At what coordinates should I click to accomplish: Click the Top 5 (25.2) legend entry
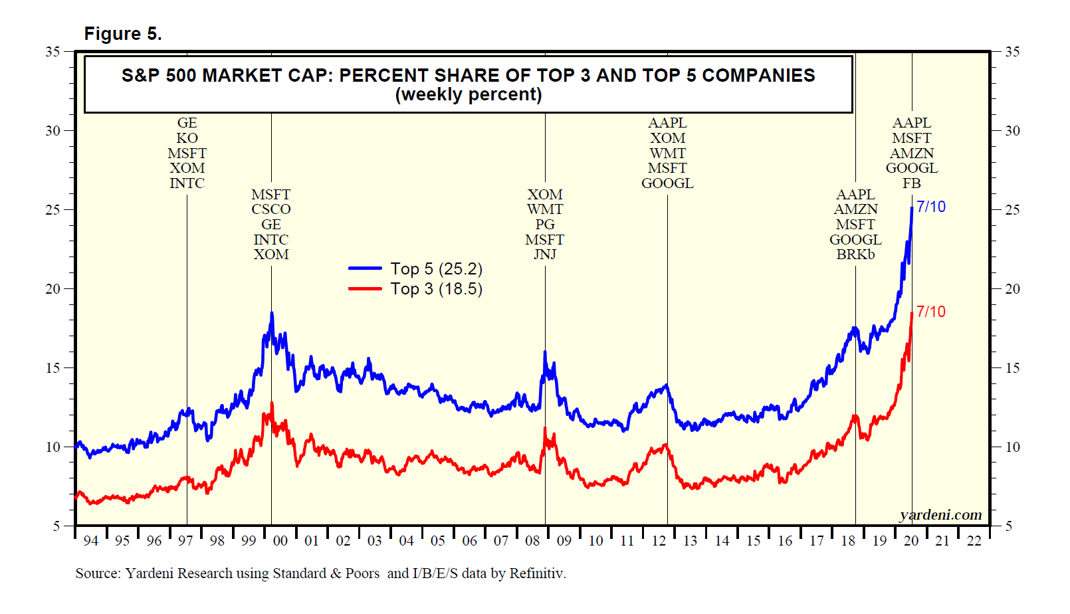click(436, 268)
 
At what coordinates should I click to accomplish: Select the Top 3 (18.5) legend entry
click(436, 289)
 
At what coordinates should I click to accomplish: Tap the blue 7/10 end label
click(930, 207)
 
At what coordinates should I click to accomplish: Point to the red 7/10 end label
click(930, 312)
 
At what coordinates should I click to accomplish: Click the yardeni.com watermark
click(940, 515)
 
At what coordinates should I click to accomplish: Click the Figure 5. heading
click(123, 34)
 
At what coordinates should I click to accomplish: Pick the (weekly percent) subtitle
click(469, 95)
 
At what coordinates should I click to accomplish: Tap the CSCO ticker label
click(271, 209)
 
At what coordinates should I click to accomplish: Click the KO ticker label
click(187, 138)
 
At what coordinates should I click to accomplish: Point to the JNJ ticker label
click(545, 255)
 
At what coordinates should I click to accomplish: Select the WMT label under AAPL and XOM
click(667, 153)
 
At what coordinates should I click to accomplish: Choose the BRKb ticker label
click(855, 255)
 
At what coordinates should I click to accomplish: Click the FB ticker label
click(912, 183)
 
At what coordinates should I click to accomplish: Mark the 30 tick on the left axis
click(53, 131)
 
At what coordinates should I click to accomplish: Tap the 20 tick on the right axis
click(1012, 289)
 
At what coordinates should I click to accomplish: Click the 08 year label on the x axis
click(532, 541)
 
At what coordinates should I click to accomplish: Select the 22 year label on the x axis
click(974, 541)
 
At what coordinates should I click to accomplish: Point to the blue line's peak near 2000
click(271, 313)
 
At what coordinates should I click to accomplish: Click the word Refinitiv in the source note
click(537, 573)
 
